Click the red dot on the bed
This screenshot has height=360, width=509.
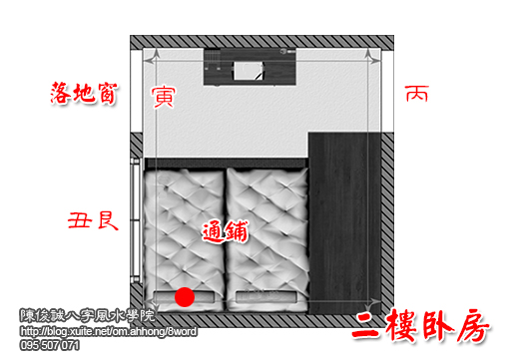pos(184,296)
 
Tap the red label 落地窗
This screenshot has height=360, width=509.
pos(86,95)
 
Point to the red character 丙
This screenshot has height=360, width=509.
pos(416,96)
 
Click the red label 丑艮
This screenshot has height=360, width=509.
pos(93,219)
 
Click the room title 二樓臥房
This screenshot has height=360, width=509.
pos(423,327)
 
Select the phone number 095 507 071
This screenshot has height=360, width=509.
pos(50,345)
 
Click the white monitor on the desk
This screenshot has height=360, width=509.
pos(246,69)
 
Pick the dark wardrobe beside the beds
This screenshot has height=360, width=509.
pos(343,219)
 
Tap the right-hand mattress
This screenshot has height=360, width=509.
pos(265,234)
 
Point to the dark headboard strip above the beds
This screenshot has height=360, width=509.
pos(225,162)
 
